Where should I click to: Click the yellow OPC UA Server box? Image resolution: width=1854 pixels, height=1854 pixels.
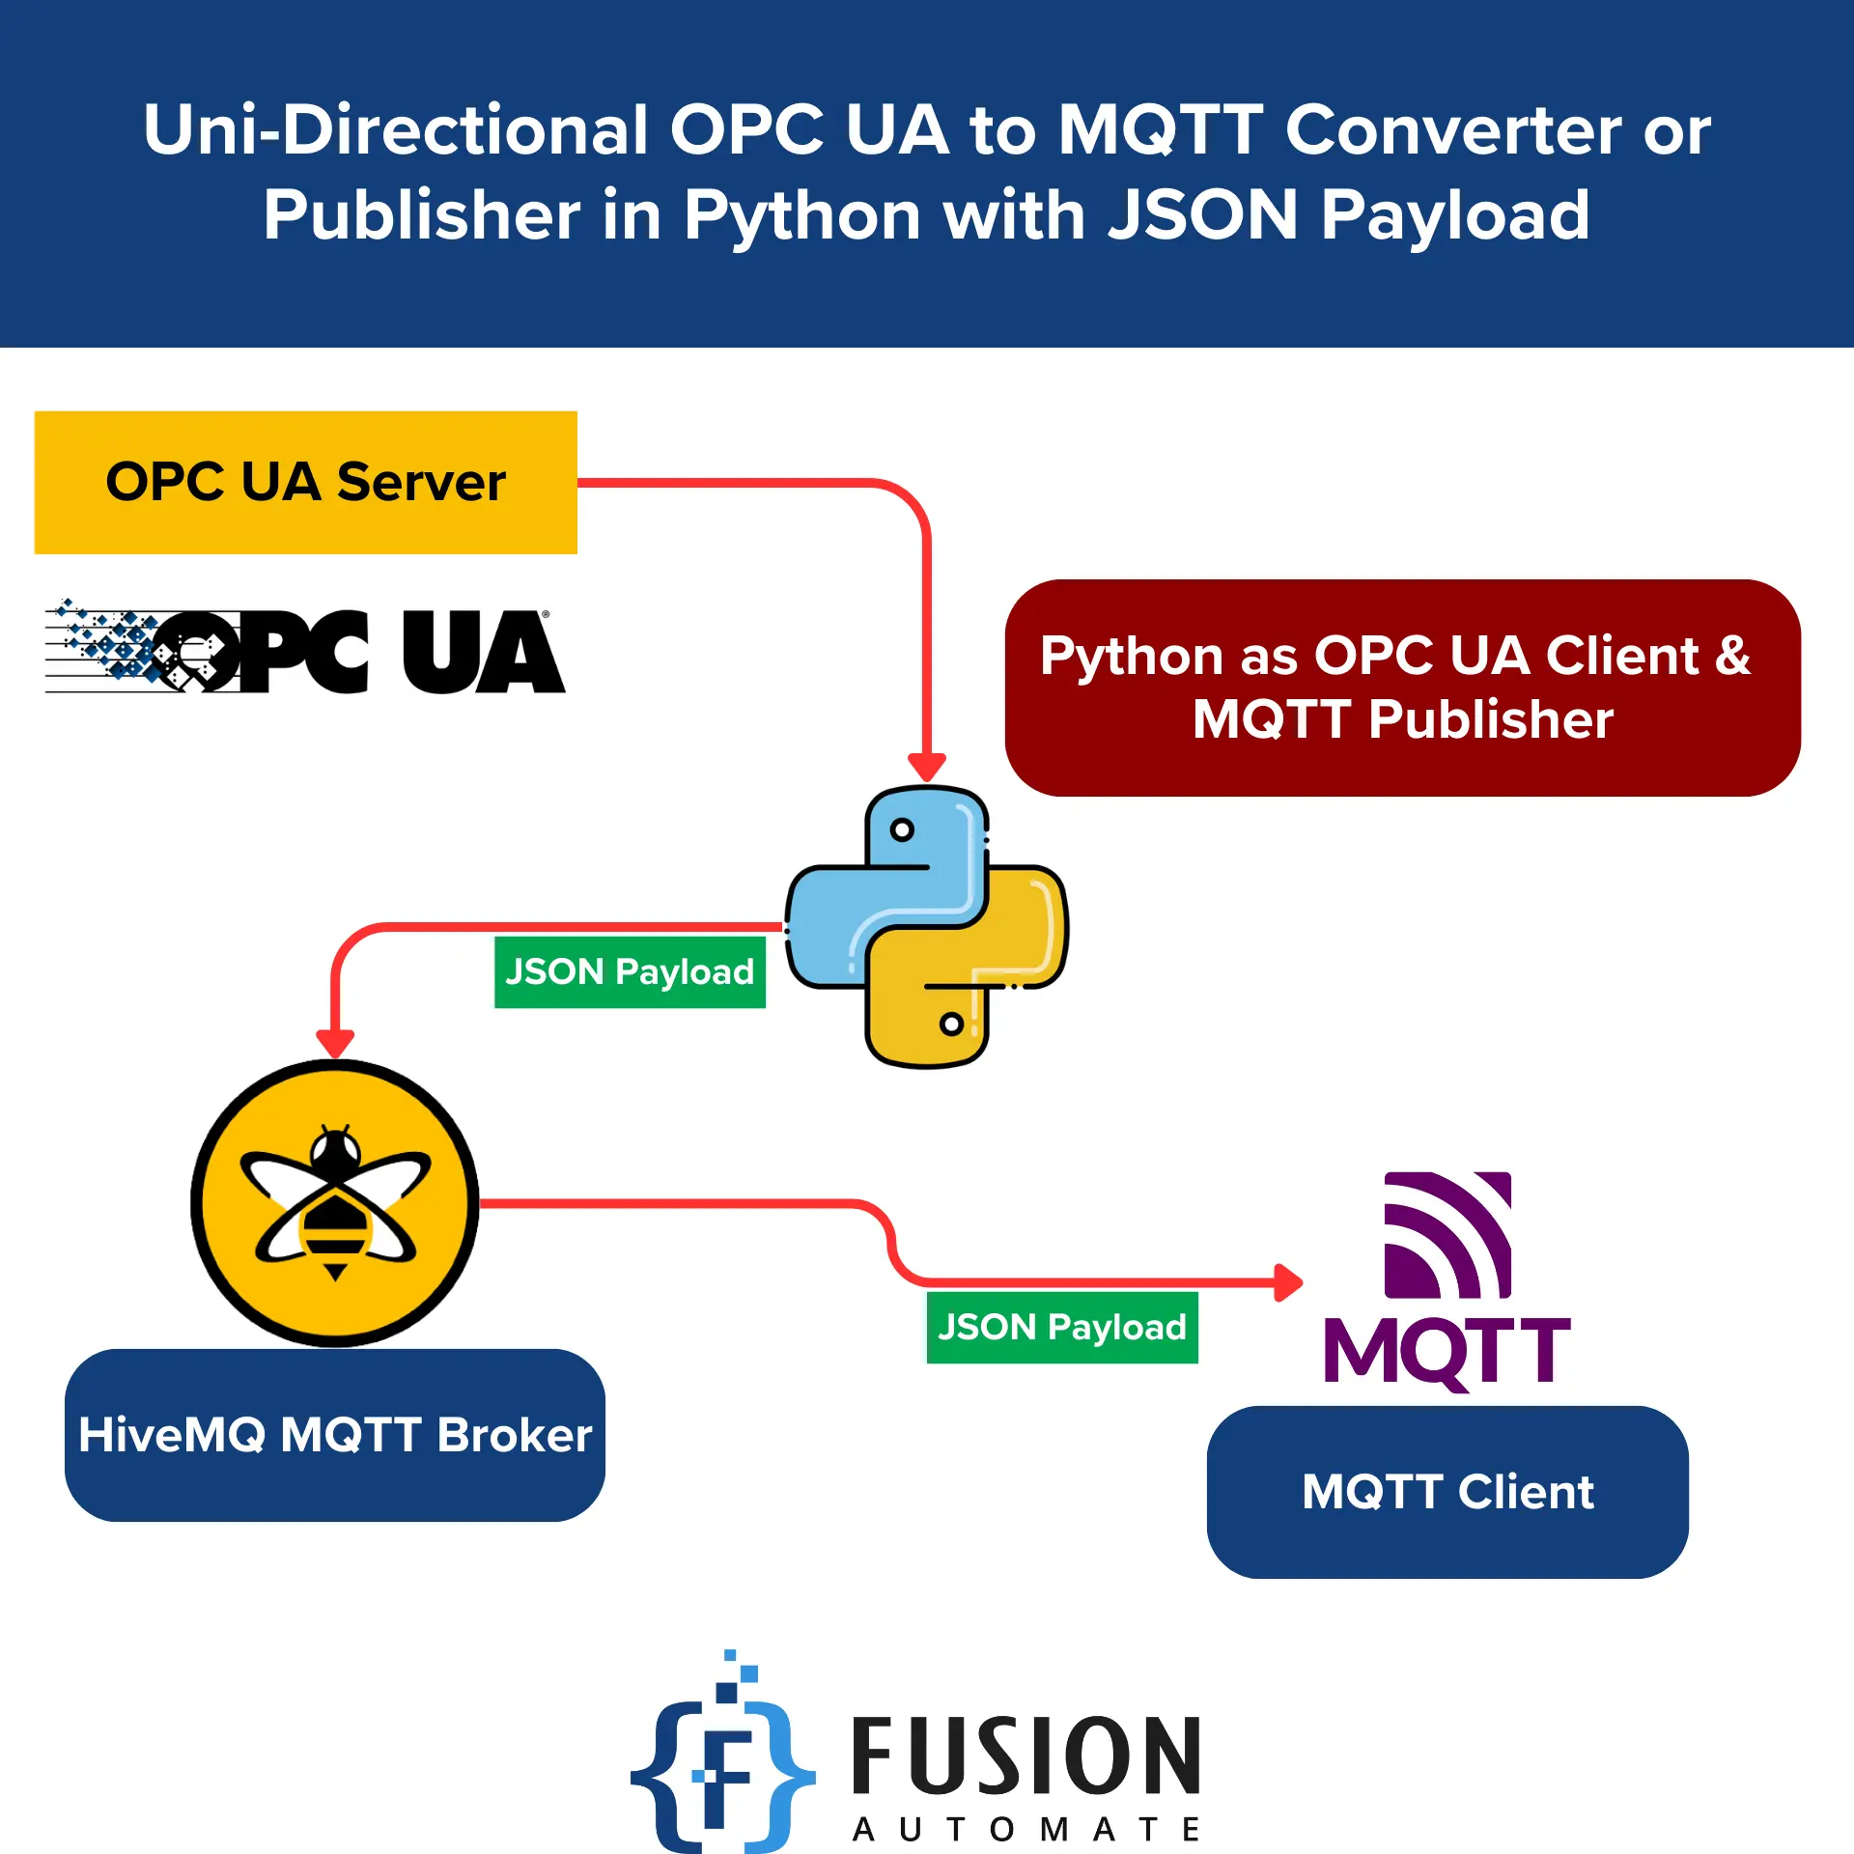click(305, 482)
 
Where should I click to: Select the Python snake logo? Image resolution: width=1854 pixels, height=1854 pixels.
click(927, 927)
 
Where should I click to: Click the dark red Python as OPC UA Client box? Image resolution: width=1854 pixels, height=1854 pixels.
click(1402, 688)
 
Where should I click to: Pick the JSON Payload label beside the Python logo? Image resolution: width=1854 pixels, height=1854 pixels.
click(630, 971)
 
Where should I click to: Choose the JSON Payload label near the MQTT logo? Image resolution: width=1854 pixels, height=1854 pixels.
click(1062, 1327)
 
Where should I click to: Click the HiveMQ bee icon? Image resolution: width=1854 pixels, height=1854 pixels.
click(334, 1202)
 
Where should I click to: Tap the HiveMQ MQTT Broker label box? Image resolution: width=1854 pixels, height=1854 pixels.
click(334, 1435)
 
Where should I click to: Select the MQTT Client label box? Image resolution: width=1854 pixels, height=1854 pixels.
click(1447, 1492)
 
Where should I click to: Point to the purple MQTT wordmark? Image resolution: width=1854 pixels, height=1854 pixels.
click(1447, 1350)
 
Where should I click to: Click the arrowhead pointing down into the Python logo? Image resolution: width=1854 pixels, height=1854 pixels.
click(927, 768)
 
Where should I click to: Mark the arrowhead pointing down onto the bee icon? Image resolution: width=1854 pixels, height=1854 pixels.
click(335, 1044)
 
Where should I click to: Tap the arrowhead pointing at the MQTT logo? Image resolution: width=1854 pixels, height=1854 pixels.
click(1288, 1282)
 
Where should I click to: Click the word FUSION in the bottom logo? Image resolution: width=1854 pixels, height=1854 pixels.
click(1025, 1757)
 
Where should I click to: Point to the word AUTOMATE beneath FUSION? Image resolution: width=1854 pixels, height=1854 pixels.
click(1025, 1829)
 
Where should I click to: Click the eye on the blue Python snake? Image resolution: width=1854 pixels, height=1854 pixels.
click(902, 829)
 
